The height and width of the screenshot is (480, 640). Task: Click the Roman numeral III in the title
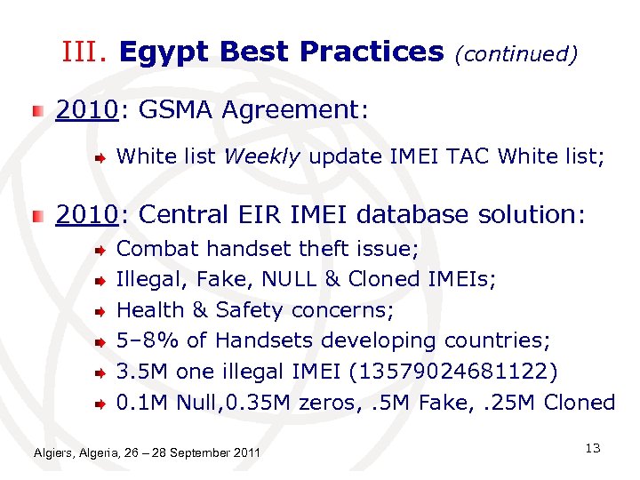(x=85, y=52)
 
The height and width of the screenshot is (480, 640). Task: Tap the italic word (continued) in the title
(x=516, y=54)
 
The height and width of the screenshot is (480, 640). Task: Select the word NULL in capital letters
(x=290, y=280)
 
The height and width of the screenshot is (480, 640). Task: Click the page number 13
(x=593, y=449)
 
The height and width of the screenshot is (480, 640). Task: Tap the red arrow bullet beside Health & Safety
(x=102, y=311)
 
